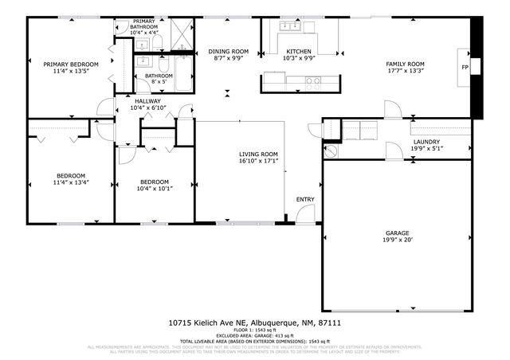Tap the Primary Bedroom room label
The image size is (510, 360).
click(71, 64)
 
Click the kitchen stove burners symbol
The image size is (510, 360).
click(313, 80)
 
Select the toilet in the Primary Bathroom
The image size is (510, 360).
click(157, 40)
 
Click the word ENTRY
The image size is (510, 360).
click(305, 199)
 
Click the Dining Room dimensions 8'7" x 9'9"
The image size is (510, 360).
click(229, 58)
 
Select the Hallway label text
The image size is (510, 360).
click(148, 101)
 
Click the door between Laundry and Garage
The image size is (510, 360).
click(392, 150)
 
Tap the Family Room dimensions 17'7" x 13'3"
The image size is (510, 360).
click(405, 70)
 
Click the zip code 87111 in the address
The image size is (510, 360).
click(329, 323)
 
